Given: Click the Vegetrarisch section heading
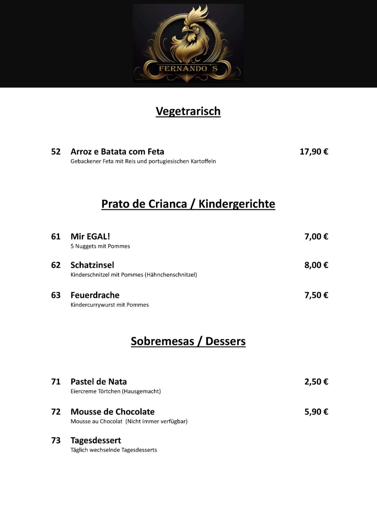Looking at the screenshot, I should coord(188,111).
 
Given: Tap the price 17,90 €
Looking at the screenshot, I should coord(314,151).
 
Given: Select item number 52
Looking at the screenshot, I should coord(56,151).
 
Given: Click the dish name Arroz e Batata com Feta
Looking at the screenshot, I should coord(117,151).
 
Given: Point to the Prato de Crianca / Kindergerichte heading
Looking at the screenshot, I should coord(188,204).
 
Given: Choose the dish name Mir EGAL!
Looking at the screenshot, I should coord(90,236).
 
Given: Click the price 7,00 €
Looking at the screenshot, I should coord(316,236).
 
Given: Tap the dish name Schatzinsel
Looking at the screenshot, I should coord(92,265).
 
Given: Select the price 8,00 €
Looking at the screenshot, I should coord(316,265).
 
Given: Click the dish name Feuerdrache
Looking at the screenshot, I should coord(95,295).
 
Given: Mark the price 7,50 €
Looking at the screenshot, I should coord(316,295).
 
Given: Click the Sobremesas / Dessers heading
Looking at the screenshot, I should coord(188,341).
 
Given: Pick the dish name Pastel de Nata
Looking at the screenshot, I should coord(99,382).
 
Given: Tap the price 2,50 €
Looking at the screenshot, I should coord(316,382).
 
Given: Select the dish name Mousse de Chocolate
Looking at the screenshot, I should coord(113,412).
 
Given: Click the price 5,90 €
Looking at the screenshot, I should coord(316,412).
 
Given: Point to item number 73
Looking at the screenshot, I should coord(56,440).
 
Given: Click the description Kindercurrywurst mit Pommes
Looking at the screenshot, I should coord(110,305).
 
